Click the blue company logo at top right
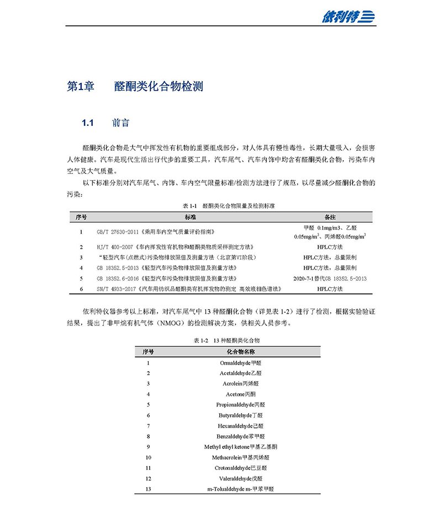pos(348,17)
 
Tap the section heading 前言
pos(121,123)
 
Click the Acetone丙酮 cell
pos(241,394)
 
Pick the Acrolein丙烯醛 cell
pos(241,383)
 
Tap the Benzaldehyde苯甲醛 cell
pos(241,436)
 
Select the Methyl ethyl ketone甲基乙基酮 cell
pos(241,447)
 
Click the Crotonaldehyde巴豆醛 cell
pos(241,468)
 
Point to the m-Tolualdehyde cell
pos(241,489)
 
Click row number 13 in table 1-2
pos(148,489)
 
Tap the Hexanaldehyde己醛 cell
pos(241,426)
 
